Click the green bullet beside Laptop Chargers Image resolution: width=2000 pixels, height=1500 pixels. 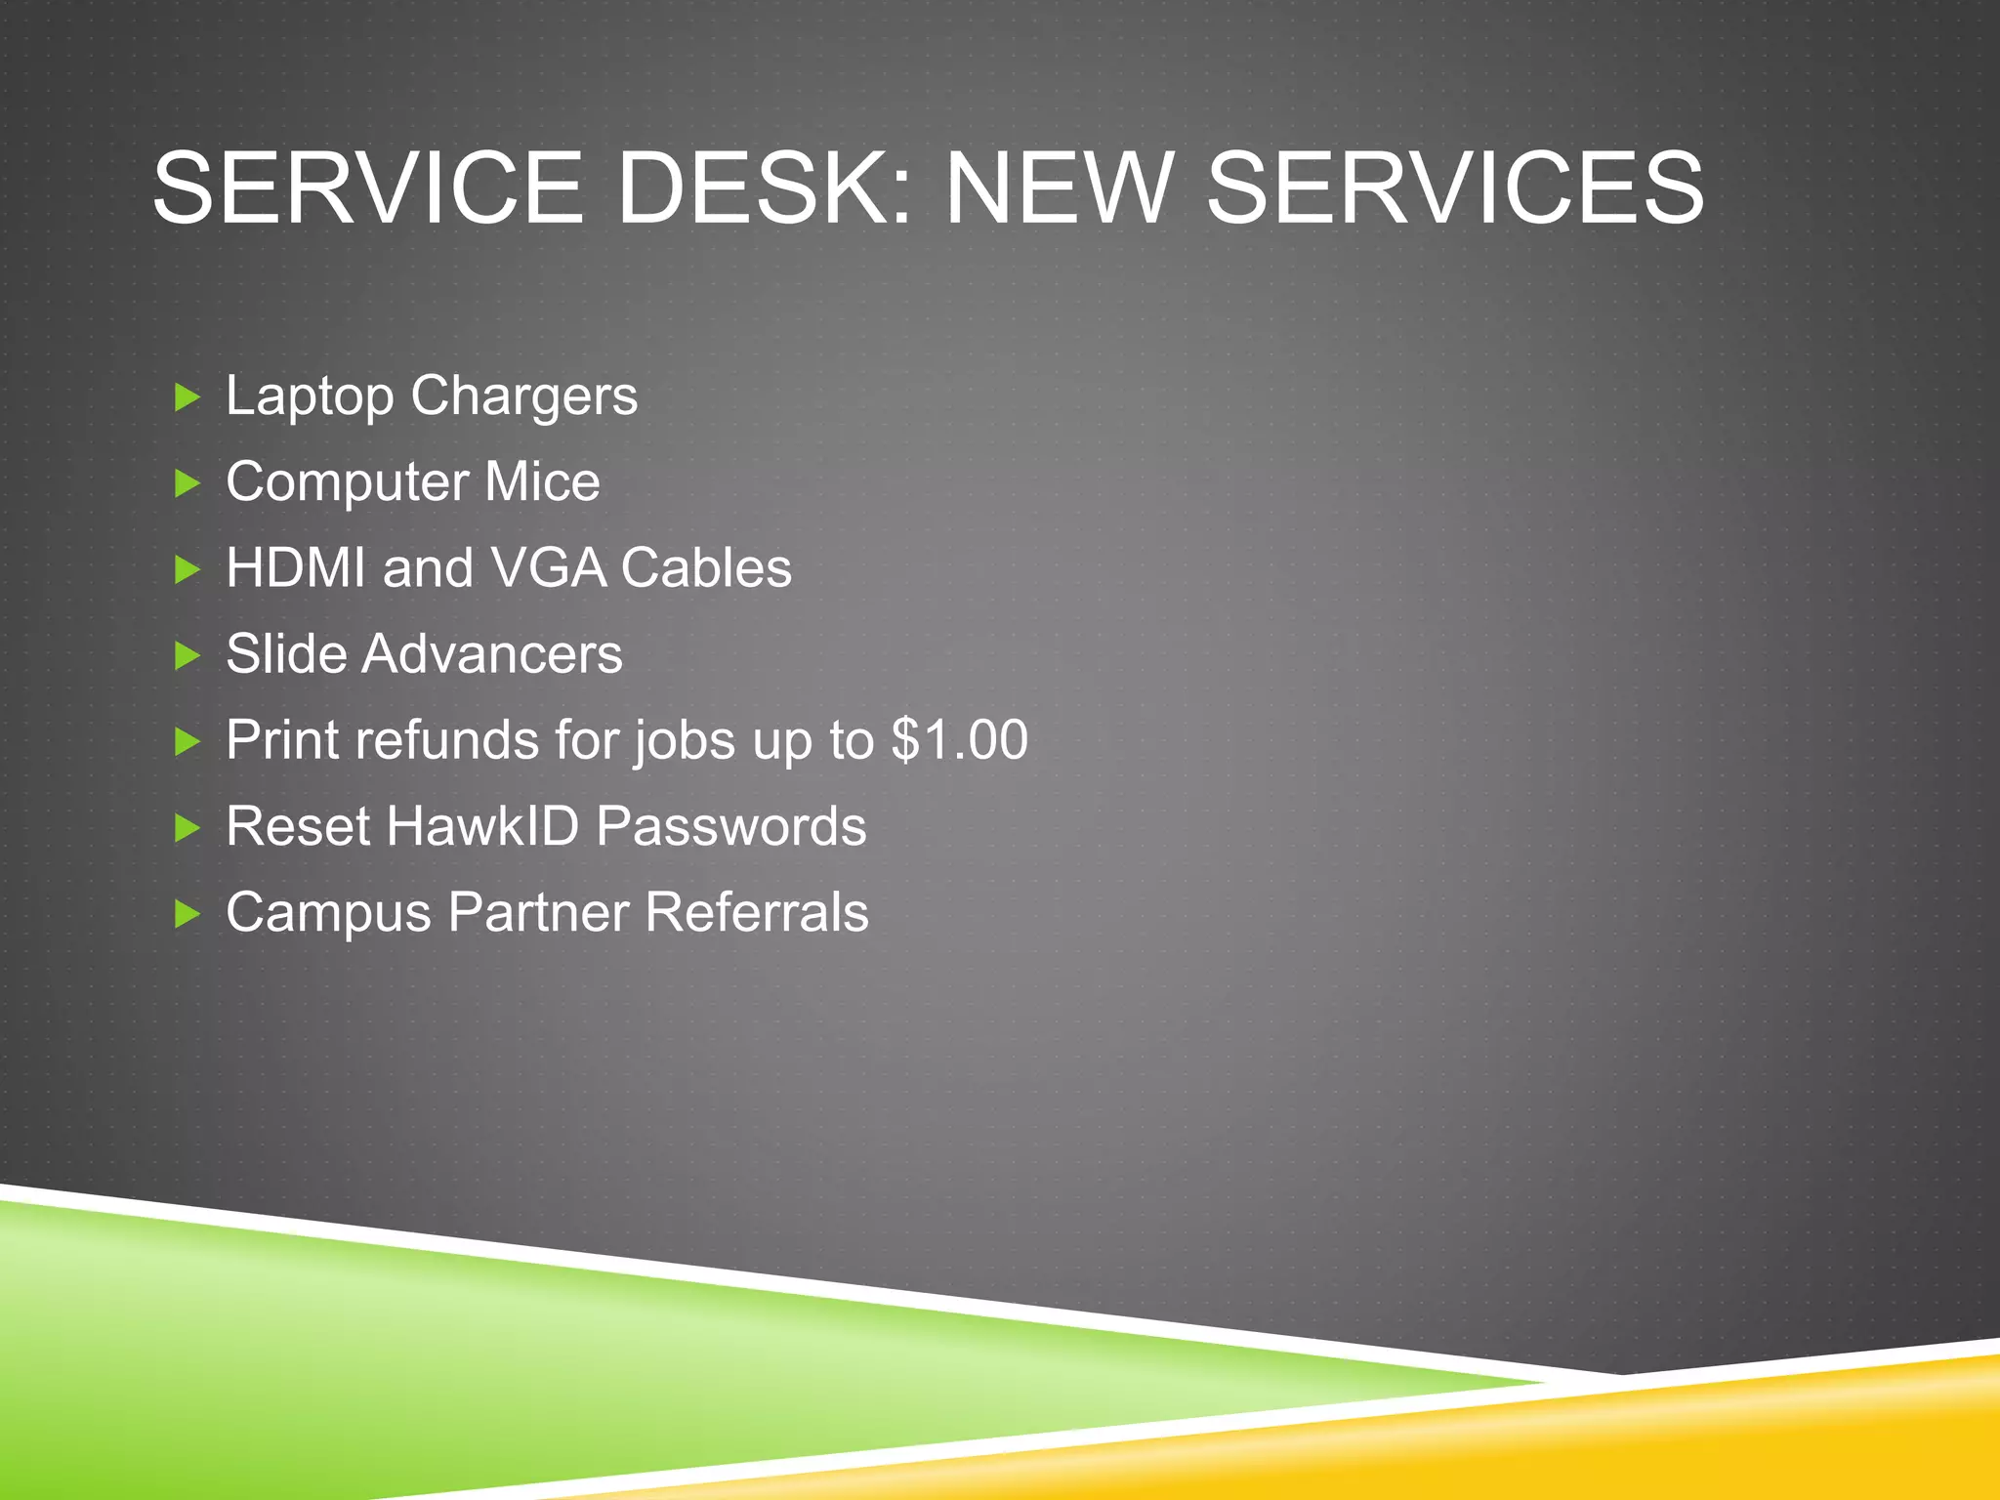coord(187,397)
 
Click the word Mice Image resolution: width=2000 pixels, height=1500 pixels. coord(542,481)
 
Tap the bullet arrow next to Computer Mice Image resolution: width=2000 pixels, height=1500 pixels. coord(187,483)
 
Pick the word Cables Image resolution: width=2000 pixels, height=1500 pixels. coord(706,567)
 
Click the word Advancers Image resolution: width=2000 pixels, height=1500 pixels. coord(491,653)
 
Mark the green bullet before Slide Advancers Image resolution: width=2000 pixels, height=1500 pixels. coord(187,655)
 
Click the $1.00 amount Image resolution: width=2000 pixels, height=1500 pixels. coord(959,739)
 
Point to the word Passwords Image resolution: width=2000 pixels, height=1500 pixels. coord(730,826)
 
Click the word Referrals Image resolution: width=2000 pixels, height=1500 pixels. coord(756,912)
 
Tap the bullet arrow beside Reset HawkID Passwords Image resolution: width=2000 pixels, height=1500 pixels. coord(187,828)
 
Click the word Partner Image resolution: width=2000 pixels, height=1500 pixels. coord(538,912)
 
